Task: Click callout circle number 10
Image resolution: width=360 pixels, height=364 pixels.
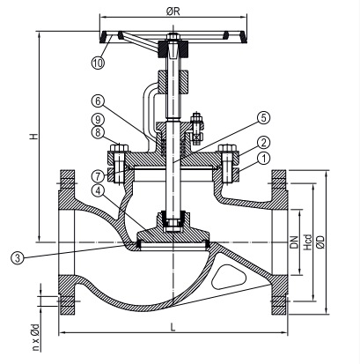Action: [x=98, y=63]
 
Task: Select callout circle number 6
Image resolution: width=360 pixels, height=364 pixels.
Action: [x=98, y=101]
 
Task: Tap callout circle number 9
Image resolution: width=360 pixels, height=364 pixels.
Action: [x=98, y=119]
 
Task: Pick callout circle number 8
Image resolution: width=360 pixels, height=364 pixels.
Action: [x=98, y=132]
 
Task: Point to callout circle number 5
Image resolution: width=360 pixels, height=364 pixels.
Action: [x=263, y=118]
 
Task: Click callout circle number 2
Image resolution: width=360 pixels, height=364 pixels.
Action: [x=263, y=143]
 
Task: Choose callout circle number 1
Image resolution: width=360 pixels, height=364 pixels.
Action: [x=263, y=159]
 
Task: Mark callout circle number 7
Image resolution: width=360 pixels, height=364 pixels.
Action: [x=98, y=176]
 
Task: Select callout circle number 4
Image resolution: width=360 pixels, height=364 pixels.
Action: [x=98, y=190]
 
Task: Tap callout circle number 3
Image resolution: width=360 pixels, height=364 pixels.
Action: [x=18, y=258]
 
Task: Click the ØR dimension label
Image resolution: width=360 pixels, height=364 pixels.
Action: [x=173, y=11]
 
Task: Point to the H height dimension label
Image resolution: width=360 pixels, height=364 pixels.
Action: [x=34, y=137]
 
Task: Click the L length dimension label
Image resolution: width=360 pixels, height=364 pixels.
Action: [x=173, y=327]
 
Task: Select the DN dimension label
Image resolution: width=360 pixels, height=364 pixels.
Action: [x=294, y=242]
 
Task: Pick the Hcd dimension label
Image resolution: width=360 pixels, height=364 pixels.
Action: [x=307, y=242]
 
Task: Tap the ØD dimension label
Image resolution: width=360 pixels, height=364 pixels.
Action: [x=321, y=242]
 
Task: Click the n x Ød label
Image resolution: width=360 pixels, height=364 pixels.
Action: [x=35, y=338]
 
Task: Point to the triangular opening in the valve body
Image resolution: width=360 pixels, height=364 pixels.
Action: [x=229, y=277]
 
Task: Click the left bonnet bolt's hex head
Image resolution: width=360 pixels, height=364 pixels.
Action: [x=119, y=147]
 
